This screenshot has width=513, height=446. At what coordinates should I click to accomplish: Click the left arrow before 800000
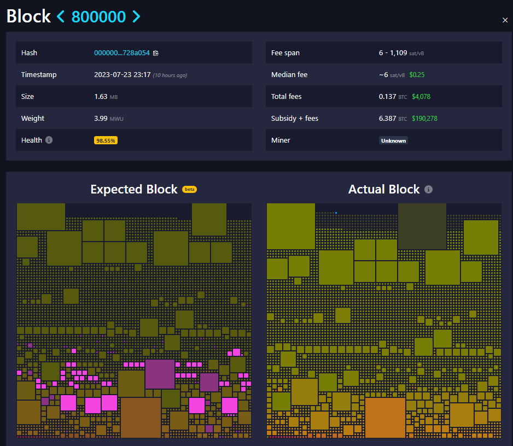61,17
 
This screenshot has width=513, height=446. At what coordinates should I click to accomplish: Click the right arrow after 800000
136,17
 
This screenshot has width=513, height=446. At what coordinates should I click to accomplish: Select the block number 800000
98,17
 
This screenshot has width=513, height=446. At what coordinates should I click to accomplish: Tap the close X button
505,20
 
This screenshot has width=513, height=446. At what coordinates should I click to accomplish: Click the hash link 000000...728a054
121,53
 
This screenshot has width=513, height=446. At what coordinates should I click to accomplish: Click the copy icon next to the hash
156,53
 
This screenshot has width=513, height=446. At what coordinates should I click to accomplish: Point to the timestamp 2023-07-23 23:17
122,75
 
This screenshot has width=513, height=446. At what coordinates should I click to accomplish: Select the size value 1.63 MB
106,97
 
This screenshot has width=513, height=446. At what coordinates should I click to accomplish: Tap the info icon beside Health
49,140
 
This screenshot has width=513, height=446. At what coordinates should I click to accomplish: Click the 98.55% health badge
106,140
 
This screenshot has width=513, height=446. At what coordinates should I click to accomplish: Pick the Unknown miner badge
393,140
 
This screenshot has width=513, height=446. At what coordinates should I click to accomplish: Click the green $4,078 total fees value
421,97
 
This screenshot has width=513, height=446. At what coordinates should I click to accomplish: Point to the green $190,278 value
424,119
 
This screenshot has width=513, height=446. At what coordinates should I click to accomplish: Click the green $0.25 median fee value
417,75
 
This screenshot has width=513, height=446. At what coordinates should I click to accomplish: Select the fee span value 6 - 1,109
393,53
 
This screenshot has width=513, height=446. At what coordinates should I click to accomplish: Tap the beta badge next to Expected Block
189,189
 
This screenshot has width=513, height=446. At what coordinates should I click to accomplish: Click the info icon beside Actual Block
429,189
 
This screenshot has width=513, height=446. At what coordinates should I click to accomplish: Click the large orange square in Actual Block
385,417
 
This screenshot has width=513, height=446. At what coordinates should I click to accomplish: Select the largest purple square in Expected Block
160,374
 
